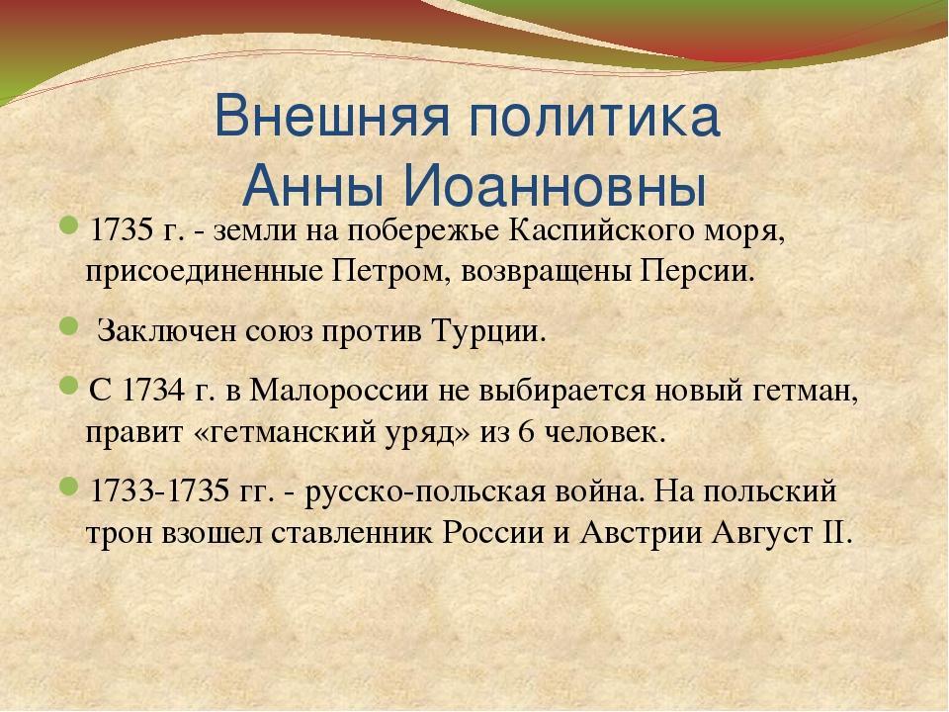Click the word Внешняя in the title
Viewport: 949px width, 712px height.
pyautogui.click(x=332, y=116)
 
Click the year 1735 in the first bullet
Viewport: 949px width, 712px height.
pyautogui.click(x=120, y=231)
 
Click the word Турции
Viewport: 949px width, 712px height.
pyautogui.click(x=488, y=332)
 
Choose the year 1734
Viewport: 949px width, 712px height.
pyautogui.click(x=153, y=391)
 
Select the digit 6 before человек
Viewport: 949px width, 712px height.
pyautogui.click(x=526, y=432)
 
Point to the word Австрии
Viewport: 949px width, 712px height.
pyautogui.click(x=641, y=533)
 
